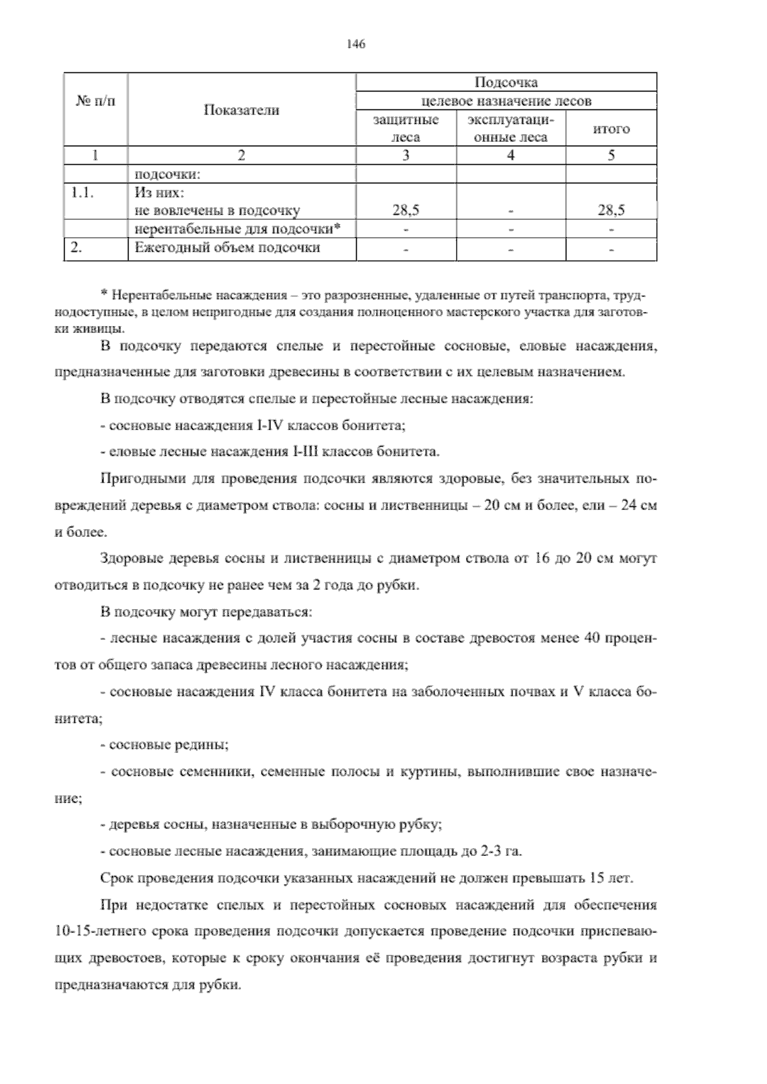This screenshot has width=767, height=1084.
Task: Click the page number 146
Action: coord(355,44)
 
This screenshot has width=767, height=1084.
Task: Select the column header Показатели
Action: coord(241,110)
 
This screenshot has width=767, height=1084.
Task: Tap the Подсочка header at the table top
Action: coord(506,82)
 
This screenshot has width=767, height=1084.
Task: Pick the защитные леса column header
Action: coord(406,128)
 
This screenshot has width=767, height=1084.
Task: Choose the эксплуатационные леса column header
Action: coord(511,128)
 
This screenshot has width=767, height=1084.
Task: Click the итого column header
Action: coord(611,128)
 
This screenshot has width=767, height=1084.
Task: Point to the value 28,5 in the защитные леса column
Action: coord(406,210)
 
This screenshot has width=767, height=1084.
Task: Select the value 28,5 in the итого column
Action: coord(611,210)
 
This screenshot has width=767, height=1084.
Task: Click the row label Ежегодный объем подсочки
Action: coord(227,248)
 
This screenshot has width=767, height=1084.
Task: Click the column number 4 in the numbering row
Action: coord(511,155)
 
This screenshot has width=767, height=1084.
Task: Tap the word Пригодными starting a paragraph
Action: coord(135,479)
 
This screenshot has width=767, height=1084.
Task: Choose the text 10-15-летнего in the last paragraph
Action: coord(94,931)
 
